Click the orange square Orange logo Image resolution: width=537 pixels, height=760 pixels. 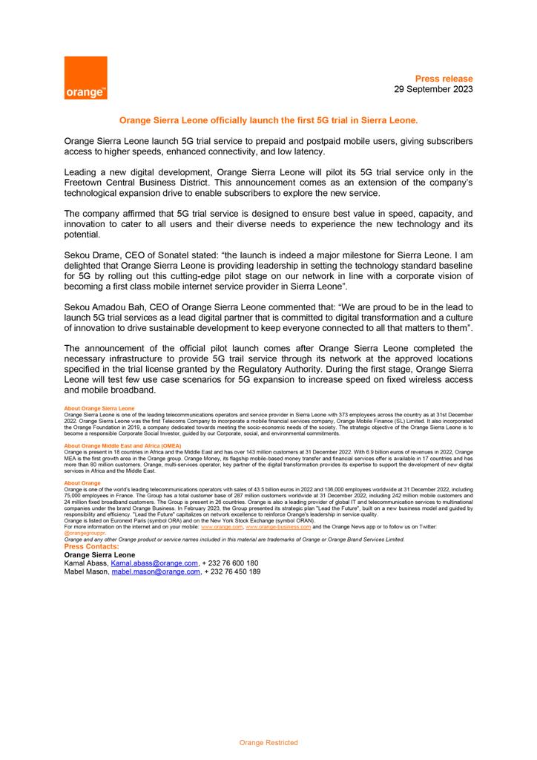[x=86, y=78]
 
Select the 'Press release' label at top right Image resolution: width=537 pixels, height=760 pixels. [x=444, y=79]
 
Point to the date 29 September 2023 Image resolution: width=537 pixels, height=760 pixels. [x=432, y=89]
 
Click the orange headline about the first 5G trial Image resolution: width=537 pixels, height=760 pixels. [x=268, y=119]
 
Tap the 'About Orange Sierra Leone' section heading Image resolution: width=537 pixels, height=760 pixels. [x=99, y=408]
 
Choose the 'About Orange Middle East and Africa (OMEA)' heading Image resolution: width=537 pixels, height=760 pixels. [x=122, y=446]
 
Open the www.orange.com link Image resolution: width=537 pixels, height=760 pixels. [x=222, y=526]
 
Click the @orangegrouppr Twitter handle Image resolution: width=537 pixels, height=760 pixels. [x=85, y=533]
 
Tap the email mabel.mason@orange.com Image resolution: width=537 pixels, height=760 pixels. [x=156, y=572]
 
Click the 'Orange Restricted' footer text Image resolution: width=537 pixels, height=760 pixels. [x=268, y=742]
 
